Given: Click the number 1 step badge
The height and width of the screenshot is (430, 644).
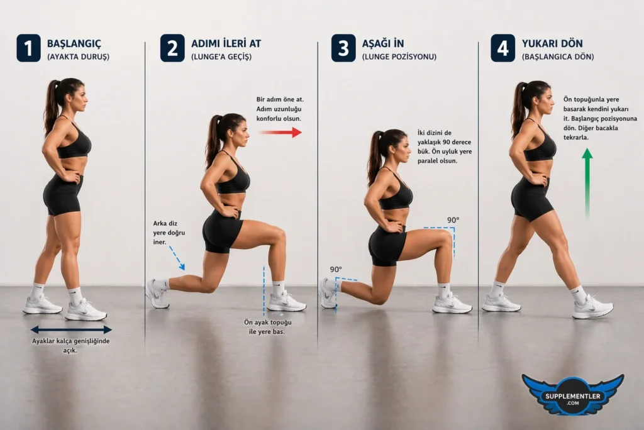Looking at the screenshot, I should (x=28, y=48).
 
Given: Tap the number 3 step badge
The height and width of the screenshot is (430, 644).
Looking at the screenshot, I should (x=343, y=48).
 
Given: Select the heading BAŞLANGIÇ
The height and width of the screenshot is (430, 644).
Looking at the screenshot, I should (x=74, y=43).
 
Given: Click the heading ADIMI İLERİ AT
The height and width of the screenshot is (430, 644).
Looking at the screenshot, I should (x=226, y=43).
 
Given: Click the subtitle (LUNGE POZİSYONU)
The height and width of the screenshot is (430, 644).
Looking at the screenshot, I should (x=399, y=57).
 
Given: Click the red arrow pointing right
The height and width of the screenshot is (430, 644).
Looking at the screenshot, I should (x=280, y=132).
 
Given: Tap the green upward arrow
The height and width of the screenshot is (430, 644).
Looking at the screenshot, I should (x=587, y=182).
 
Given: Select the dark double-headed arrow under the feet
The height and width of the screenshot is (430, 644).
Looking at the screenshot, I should (x=71, y=329).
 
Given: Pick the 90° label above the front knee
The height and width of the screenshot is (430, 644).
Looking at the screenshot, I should (x=453, y=220).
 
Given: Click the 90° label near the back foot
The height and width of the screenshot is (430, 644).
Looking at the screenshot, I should (x=336, y=269).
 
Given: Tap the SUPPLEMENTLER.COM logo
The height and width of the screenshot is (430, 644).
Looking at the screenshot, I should (x=572, y=395).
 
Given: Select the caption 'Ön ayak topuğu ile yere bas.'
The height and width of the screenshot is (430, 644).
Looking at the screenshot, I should (x=265, y=326).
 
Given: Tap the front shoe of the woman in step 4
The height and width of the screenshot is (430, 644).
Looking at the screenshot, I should (x=592, y=307).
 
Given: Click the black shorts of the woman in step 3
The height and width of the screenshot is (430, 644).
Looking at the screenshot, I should (x=386, y=245).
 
